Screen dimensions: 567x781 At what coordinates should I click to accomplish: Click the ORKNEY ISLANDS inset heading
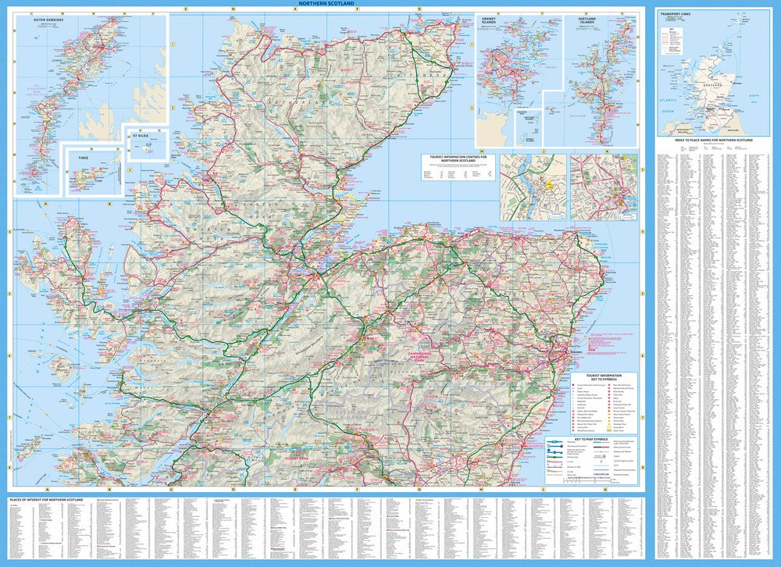[490, 21]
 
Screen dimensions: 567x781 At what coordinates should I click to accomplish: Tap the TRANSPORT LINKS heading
[676, 14]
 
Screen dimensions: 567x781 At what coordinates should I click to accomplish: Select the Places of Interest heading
[44, 498]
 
